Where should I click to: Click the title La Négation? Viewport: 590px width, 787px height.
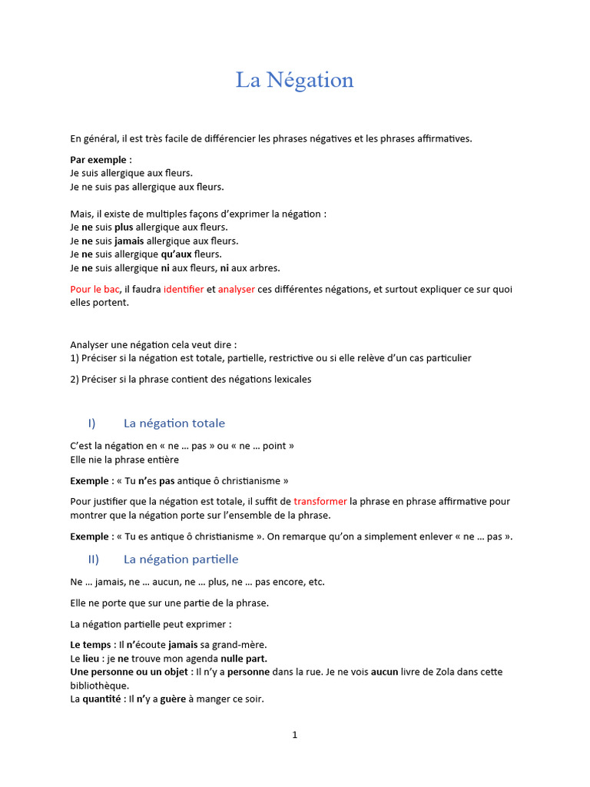pos(294,80)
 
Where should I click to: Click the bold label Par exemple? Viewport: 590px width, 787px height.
pos(98,159)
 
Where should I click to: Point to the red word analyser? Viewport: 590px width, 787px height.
pos(237,289)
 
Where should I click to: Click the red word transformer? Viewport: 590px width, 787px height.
pos(320,501)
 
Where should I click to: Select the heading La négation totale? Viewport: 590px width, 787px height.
pos(174,423)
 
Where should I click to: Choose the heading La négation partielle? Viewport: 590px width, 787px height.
pos(181,559)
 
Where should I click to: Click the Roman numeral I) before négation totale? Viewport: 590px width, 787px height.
pos(92,423)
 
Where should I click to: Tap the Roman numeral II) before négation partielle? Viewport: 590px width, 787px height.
pos(94,559)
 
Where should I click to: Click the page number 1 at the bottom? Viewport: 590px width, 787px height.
pos(294,735)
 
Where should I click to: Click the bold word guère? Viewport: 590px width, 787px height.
pos(172,699)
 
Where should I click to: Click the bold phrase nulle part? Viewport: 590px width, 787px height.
pos(244,658)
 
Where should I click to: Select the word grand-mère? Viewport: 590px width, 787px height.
pos(234,644)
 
